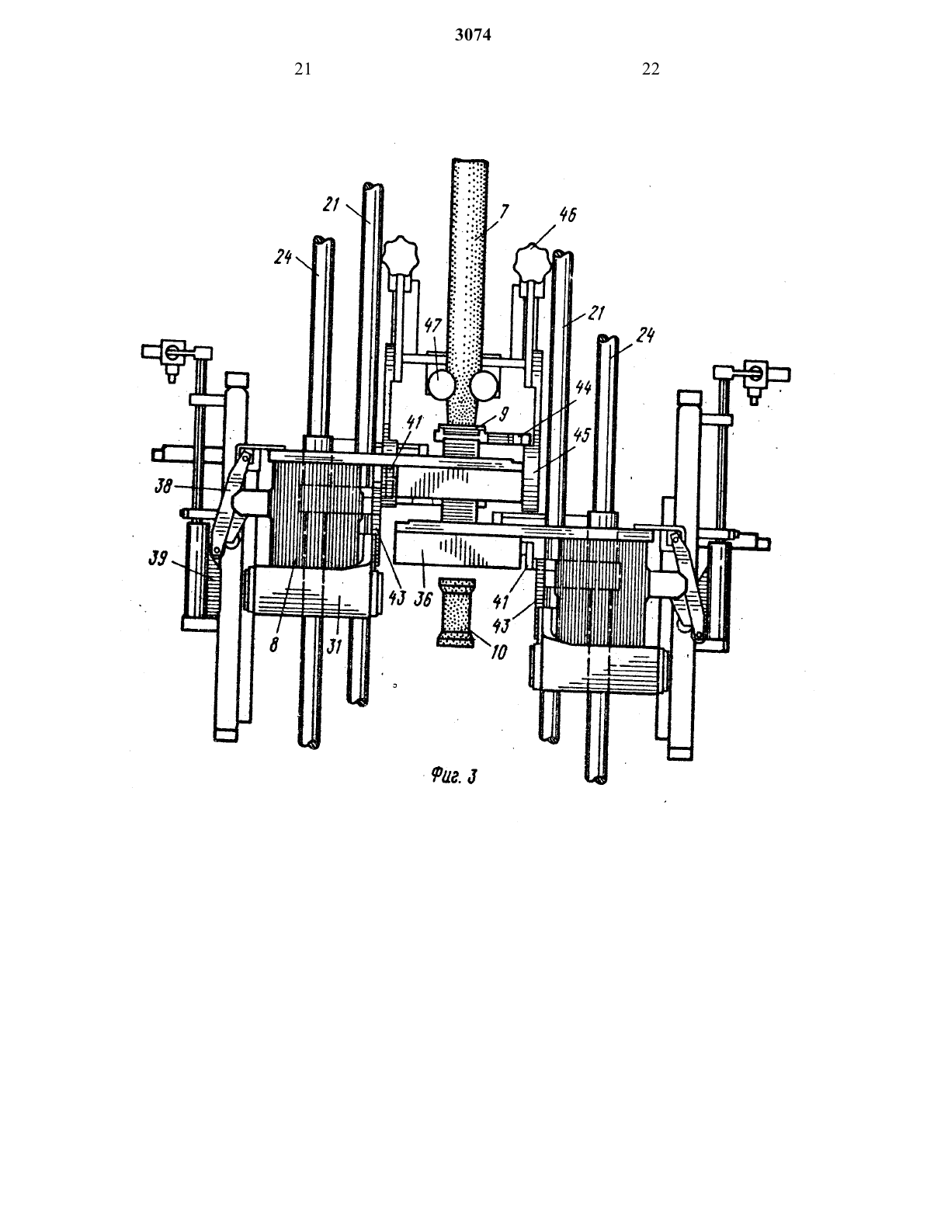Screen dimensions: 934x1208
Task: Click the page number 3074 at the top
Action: [473, 35]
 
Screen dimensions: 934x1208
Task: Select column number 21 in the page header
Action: [303, 69]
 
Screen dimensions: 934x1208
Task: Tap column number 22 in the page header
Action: [651, 69]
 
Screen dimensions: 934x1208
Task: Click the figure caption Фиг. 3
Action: [453, 776]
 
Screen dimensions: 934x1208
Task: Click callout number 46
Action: [567, 214]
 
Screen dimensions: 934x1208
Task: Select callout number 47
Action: [433, 326]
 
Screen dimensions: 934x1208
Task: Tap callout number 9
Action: [504, 415]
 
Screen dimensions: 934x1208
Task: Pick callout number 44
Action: [584, 387]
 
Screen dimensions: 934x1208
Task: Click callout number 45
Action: [582, 435]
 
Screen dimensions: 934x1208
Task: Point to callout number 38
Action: [164, 488]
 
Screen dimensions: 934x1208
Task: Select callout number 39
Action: [158, 558]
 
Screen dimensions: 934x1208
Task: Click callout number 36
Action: [423, 599]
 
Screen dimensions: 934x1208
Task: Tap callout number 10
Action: [499, 651]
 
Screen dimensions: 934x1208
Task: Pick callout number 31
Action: [334, 646]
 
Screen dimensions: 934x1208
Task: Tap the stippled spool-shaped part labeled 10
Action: [457, 612]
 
